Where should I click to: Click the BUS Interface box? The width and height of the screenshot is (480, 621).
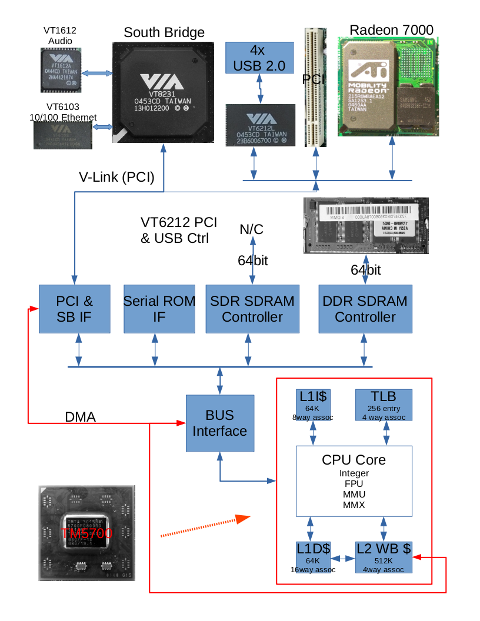tap(219, 423)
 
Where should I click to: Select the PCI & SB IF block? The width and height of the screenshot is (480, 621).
tap(75, 309)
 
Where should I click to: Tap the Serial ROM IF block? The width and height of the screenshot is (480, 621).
tap(159, 309)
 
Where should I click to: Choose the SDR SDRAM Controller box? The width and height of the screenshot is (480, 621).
tap(252, 309)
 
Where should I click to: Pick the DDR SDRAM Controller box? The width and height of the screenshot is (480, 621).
tap(365, 309)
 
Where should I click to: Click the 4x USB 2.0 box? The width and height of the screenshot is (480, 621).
tap(259, 58)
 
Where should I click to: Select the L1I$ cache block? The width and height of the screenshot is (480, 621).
tap(312, 405)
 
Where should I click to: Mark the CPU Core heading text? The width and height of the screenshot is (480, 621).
tap(354, 459)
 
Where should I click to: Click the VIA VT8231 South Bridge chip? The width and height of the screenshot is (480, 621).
tap(166, 92)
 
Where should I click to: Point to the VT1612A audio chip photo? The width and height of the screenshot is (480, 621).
tap(62, 70)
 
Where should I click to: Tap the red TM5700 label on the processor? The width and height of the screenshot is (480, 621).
tap(87, 533)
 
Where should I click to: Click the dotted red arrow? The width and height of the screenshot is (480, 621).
tap(206, 526)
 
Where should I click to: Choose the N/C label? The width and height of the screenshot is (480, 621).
tap(252, 229)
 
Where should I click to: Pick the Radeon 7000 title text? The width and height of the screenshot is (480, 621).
tap(391, 30)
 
